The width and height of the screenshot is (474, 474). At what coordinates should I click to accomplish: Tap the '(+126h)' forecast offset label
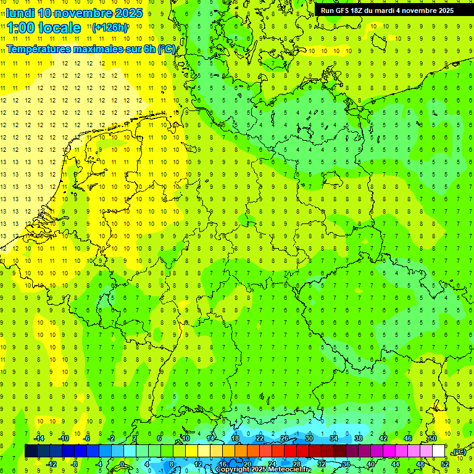(x=110, y=27)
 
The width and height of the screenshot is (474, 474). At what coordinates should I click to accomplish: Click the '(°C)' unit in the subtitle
(x=166, y=49)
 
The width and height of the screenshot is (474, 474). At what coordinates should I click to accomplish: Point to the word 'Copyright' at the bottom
(x=233, y=470)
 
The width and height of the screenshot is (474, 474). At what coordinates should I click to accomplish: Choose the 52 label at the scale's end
(x=445, y=464)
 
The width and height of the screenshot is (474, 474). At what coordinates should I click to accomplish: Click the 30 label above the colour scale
(x=309, y=438)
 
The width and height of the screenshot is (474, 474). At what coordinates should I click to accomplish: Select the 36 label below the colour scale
(x=346, y=464)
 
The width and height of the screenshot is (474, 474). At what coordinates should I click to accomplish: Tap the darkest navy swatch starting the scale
(x=31, y=451)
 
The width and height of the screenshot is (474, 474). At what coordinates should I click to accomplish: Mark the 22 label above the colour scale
(x=259, y=438)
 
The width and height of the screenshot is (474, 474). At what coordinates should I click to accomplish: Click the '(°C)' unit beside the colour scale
(x=459, y=452)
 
